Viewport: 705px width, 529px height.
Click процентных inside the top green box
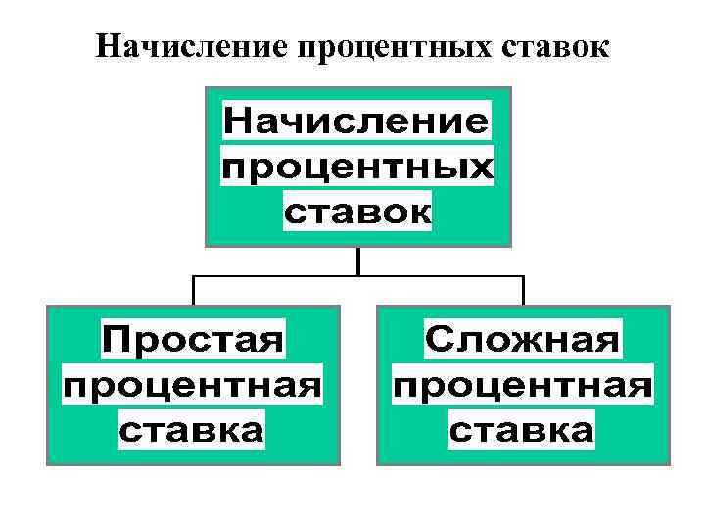[357, 168]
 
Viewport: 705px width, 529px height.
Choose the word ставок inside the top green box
[357, 213]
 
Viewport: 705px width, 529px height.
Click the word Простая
[193, 342]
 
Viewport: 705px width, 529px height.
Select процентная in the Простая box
[193, 386]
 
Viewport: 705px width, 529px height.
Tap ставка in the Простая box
[193, 429]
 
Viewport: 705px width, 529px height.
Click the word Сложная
[523, 342]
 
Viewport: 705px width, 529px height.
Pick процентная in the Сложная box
[523, 386]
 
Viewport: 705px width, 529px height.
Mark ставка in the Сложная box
[523, 429]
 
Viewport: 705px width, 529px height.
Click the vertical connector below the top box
[358, 261]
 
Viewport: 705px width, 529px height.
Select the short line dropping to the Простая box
[193, 290]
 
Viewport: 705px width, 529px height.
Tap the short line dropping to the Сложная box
[523, 290]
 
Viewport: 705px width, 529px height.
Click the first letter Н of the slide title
[108, 47]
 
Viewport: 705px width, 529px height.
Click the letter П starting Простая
[117, 342]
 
